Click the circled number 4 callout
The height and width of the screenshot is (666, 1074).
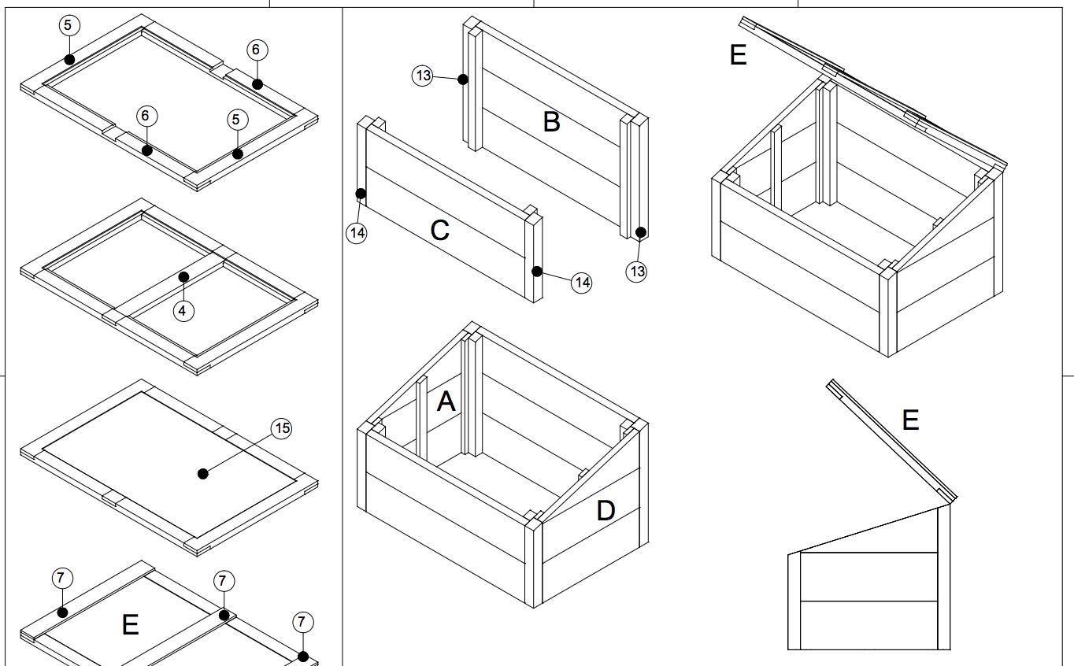tap(183, 311)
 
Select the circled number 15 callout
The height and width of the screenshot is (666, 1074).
tap(281, 429)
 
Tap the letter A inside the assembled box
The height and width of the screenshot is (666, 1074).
tap(446, 402)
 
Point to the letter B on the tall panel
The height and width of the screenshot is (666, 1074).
tap(551, 122)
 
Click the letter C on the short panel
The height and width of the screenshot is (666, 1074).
tap(439, 231)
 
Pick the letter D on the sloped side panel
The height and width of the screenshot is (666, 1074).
tap(605, 511)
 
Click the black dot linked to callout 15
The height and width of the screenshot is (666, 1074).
tap(203, 473)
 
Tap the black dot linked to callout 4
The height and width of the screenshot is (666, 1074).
tap(183, 276)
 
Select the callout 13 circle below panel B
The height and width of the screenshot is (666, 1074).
tap(636, 272)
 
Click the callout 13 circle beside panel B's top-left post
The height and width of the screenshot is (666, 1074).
tap(423, 76)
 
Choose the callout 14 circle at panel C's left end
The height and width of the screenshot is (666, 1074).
tap(357, 233)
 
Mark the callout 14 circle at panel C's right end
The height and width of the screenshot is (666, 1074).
tap(581, 282)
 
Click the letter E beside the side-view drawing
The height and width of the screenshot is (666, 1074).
tap(910, 420)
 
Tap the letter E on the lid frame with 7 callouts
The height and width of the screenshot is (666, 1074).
tap(131, 625)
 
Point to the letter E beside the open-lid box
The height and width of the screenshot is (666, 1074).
tap(738, 55)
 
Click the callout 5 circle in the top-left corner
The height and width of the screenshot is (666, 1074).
tap(68, 25)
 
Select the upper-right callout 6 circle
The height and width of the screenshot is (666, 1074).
tap(256, 50)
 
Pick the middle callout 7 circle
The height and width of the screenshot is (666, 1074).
tap(223, 582)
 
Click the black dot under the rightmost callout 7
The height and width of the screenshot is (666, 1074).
tap(303, 656)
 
